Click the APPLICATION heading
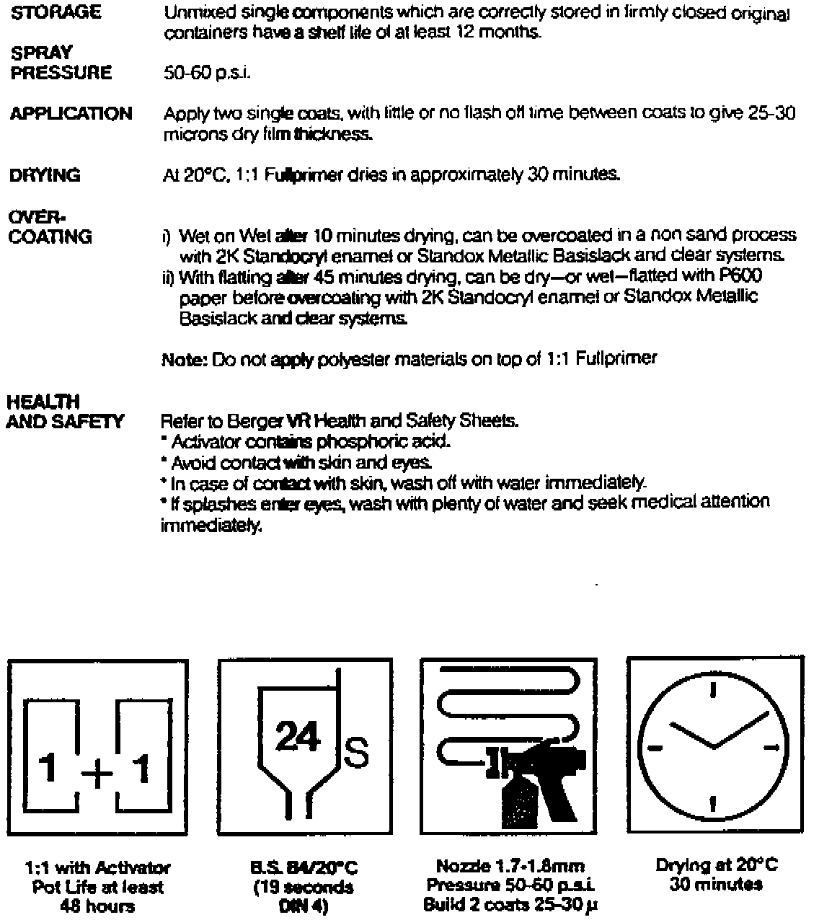coord(71,114)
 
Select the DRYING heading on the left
coord(45,176)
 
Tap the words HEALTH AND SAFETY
coord(65,412)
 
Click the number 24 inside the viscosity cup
coord(298,737)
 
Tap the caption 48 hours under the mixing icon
coord(97,904)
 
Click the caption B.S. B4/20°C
coord(303,867)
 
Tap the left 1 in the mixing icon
coord(48,770)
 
